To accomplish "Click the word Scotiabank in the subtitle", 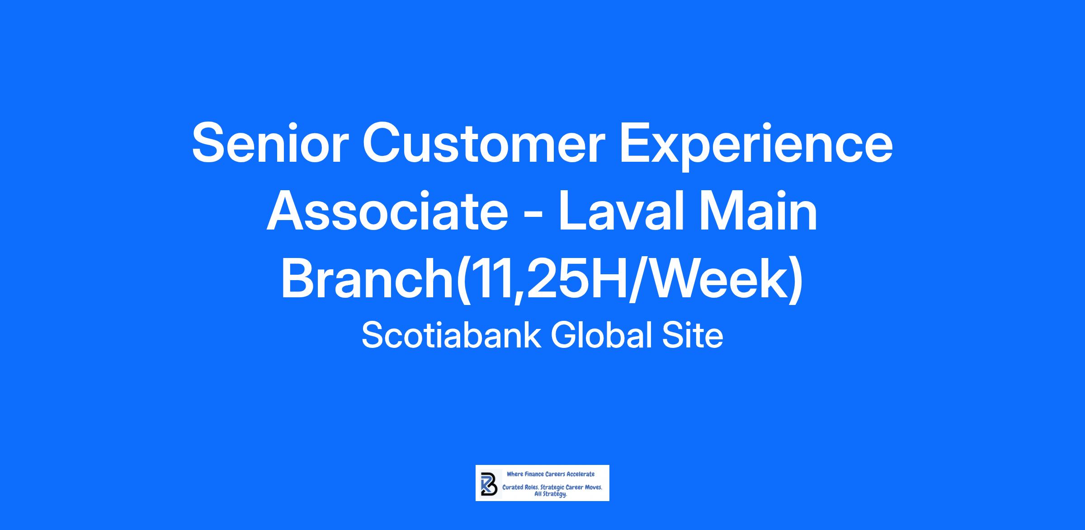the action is point(451,336).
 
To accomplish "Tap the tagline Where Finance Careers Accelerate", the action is point(551,474).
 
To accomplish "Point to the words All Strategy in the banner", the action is point(551,495).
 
